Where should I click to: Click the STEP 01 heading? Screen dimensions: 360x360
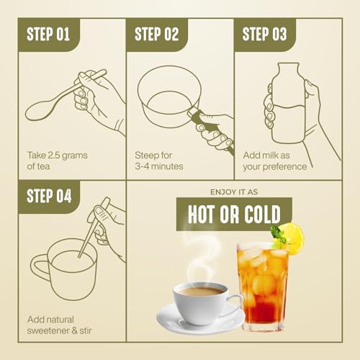(48, 34)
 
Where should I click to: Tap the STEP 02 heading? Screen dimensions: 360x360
(156, 34)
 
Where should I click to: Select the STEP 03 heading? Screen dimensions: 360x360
(264, 34)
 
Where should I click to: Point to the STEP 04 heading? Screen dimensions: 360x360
(49, 196)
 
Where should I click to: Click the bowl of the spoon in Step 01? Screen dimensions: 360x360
(38, 112)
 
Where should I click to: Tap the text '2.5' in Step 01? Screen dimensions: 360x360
(53, 156)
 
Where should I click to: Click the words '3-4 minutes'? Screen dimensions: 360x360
(159, 166)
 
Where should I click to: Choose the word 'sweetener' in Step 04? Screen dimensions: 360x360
(49, 330)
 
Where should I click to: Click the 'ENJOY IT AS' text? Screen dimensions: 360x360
(234, 192)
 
